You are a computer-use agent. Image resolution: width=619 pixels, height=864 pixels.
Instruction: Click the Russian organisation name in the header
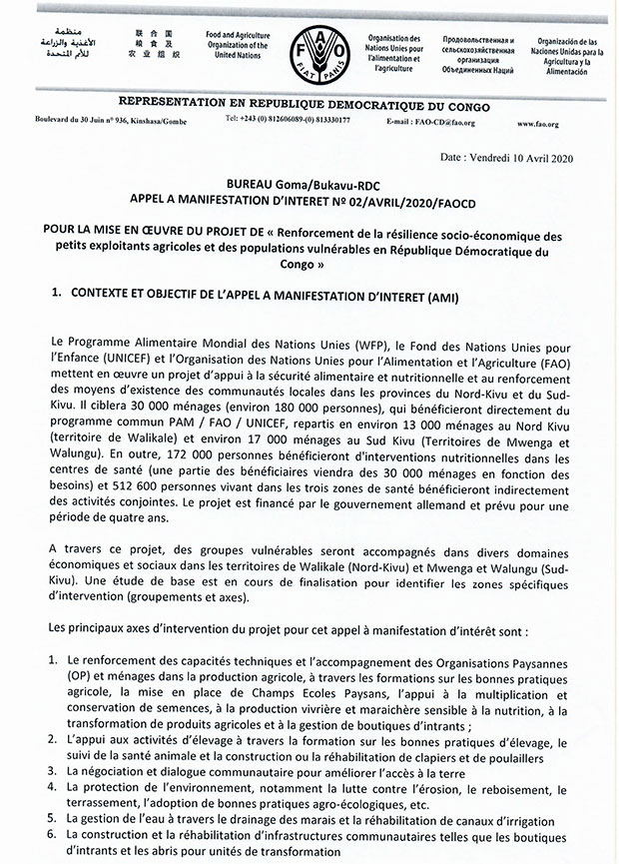(470, 51)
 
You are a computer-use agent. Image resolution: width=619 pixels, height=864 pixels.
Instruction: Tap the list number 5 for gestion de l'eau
(51, 817)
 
